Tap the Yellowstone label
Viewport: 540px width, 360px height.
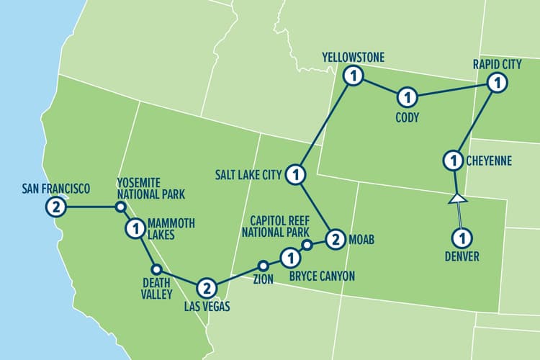click(x=354, y=57)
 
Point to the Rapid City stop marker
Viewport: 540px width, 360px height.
click(x=495, y=84)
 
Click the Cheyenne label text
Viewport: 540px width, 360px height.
click(x=489, y=161)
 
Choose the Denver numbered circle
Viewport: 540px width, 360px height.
click(x=461, y=236)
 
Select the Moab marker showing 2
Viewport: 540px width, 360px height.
click(x=333, y=239)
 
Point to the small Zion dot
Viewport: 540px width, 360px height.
click(x=264, y=264)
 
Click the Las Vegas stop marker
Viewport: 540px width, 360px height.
click(x=207, y=287)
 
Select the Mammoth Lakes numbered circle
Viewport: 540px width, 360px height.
click(x=135, y=230)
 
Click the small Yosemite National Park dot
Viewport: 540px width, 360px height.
click(x=121, y=207)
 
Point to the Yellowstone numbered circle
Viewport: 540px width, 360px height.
click(x=353, y=75)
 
